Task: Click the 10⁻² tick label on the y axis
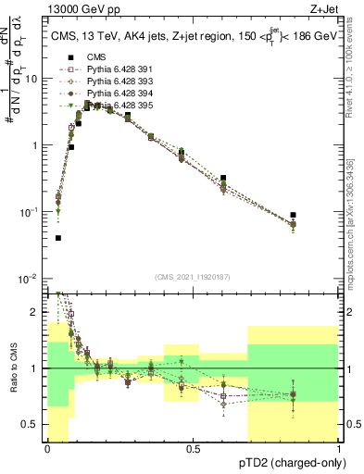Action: pyautogui.click(x=30, y=279)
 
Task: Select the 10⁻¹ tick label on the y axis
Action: pyautogui.click(x=30, y=212)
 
